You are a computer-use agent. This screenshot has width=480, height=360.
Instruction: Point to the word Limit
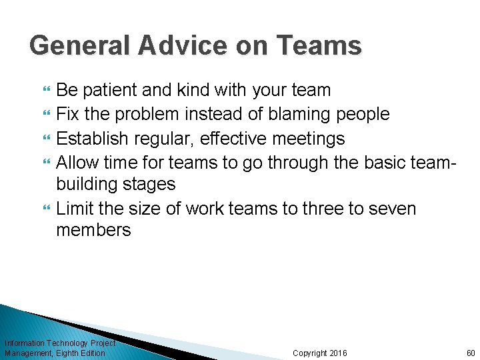75,209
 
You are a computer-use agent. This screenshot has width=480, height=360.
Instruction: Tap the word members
94,231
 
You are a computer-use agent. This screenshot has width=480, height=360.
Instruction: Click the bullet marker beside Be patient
45,90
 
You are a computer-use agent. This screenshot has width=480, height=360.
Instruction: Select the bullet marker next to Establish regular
45,139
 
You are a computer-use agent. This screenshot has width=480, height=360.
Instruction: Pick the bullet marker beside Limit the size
45,209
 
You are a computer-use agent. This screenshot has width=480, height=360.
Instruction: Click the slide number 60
471,353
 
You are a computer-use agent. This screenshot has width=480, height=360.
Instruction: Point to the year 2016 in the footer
337,353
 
